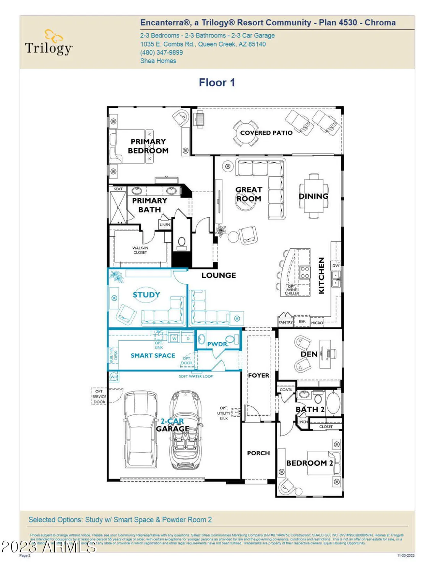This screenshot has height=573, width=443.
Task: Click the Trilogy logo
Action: [49, 43]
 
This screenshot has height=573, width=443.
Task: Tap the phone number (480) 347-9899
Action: [161, 52]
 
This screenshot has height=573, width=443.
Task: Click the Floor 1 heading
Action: [217, 83]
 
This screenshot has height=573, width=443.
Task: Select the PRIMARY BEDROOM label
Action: [148, 146]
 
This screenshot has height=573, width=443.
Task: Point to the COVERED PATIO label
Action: [266, 133]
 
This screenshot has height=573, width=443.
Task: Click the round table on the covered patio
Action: [246, 133]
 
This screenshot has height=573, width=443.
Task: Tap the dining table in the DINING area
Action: [314, 195]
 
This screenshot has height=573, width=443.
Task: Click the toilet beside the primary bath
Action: [182, 243]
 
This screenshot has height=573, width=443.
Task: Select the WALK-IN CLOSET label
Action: [140, 250]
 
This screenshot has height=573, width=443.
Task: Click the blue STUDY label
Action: [146, 295]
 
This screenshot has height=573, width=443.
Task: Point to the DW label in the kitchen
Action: [336, 265]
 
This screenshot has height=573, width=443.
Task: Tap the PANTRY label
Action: [285, 322]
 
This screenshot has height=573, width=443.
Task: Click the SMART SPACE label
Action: [153, 355]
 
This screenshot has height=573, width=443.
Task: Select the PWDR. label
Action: [217, 344]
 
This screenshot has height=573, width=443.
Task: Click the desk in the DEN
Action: [325, 354]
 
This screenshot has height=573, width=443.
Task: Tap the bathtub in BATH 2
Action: [333, 403]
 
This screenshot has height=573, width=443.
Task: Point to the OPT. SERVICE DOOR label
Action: [99, 397]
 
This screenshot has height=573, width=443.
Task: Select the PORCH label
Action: [258, 453]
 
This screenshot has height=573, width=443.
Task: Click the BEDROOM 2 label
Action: [310, 463]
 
